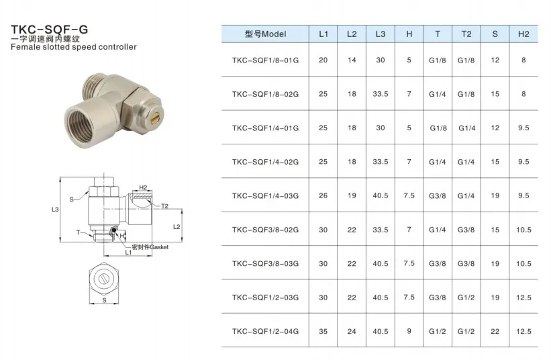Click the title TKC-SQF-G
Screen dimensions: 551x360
(49, 30)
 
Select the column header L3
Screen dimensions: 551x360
(381, 34)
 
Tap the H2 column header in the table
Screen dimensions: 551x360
(523, 34)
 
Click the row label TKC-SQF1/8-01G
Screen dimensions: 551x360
(265, 60)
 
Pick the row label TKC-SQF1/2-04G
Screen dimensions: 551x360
(265, 332)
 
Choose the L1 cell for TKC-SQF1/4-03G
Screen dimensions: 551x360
(323, 195)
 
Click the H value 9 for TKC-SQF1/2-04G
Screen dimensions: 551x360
(409, 331)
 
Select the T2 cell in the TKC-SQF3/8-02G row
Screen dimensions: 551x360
(466, 230)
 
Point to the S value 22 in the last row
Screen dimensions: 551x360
(495, 332)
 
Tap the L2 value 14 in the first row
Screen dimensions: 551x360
(352, 60)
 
